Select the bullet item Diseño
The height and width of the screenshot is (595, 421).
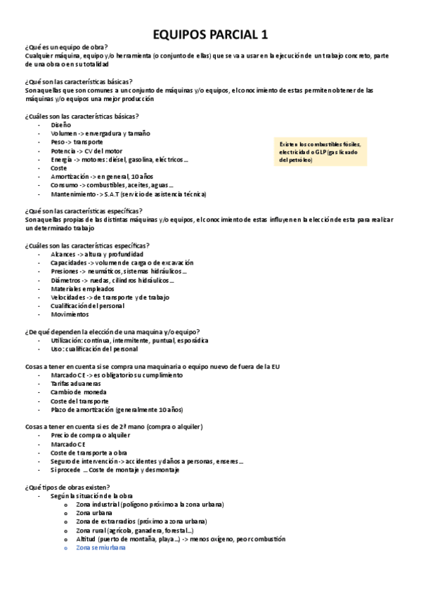pos(61,124)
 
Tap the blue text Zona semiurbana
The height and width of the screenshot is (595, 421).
pos(103,547)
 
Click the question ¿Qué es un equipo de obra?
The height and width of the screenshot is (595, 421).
pos(66,46)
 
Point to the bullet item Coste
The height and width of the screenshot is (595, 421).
pos(59,168)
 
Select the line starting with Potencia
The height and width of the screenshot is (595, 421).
pos(86,151)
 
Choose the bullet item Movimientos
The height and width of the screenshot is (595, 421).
pos(70,314)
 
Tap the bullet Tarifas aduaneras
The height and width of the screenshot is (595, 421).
pos(75,384)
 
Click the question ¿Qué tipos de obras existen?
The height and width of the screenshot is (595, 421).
pos(67,486)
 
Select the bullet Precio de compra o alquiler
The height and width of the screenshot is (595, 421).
pos(90,435)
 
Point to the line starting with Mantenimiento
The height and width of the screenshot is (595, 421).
pos(128,194)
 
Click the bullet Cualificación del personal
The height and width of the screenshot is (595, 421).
pos(87,306)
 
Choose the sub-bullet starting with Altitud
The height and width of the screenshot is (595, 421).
pos(180,539)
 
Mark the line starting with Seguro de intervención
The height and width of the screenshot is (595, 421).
pos(147,461)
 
